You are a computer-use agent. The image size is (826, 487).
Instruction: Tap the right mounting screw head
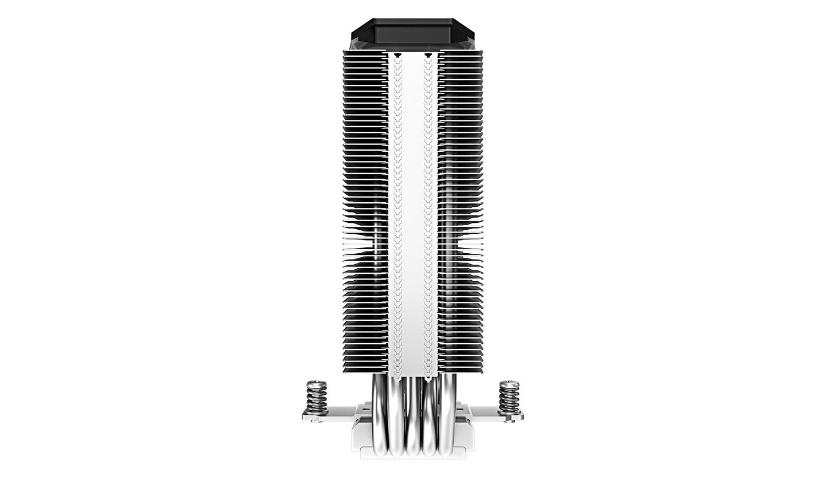pos(508,384)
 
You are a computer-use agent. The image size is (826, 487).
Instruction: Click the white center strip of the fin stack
pos(413,218)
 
